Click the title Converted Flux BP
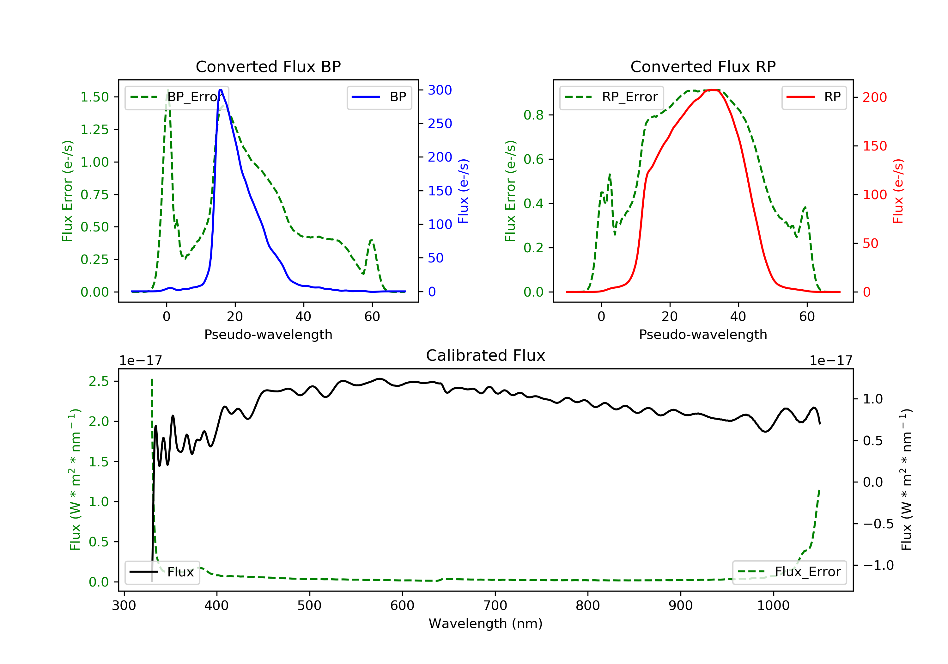coord(268,66)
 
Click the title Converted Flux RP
coord(703,66)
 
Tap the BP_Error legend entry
coord(177,97)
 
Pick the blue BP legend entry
coord(379,97)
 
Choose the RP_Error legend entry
coord(611,97)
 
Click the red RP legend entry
coord(814,97)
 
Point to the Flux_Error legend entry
coord(789,572)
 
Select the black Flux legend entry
coord(162,572)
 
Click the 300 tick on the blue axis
coord(440,90)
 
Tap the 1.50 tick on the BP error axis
coord(94,97)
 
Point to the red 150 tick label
coord(874,146)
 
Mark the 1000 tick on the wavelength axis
coord(773,606)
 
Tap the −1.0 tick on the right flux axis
coord(878,565)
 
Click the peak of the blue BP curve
coord(221,90)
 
